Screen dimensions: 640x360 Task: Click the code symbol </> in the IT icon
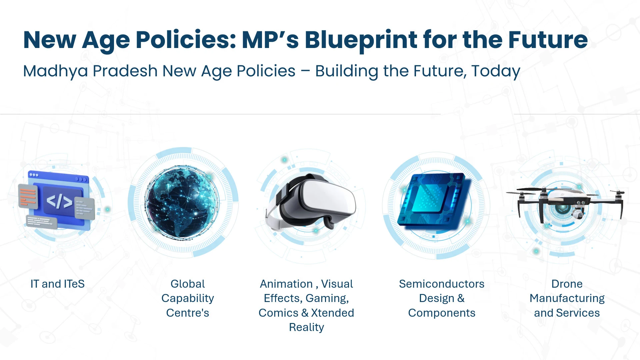coord(59,201)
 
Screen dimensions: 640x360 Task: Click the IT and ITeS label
coord(57,284)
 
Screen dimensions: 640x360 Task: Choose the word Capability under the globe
coord(188,299)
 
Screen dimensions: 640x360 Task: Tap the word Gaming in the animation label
coord(327,298)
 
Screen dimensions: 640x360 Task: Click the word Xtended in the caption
coord(332,313)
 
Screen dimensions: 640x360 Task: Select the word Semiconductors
coord(442,284)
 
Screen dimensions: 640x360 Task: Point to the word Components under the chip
coord(442,313)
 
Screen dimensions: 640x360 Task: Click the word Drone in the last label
coord(567,284)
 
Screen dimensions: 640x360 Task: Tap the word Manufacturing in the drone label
coord(567,299)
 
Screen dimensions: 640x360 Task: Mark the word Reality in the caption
coord(306,328)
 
